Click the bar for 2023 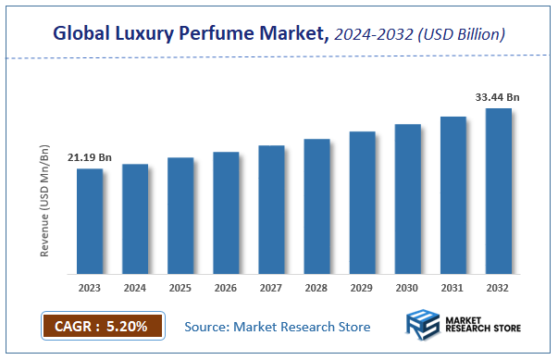coord(89,221)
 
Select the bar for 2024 coord(134,219)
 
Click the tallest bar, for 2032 coord(499,192)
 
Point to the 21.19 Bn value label coord(89,158)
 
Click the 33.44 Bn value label coord(498,96)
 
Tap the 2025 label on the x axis coord(180,289)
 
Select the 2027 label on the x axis coord(271,289)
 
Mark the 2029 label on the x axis coord(362,289)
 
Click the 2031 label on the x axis coord(453,289)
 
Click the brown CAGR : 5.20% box coord(102,326)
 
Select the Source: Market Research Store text coord(277,327)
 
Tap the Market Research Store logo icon coord(424,327)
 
